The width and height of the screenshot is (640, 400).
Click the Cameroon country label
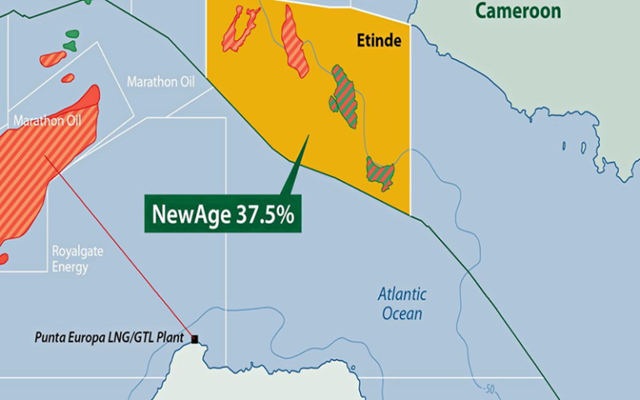click(517, 11)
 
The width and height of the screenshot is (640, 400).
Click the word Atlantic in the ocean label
click(402, 294)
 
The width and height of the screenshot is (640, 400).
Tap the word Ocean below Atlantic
click(402, 313)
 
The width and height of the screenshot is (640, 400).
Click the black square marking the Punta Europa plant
click(195, 339)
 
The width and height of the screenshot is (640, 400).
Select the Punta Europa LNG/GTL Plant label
click(111, 338)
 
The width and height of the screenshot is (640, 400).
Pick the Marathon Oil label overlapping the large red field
click(47, 121)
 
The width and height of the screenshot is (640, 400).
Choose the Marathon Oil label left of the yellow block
click(160, 82)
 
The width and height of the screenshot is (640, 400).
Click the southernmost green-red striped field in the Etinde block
click(381, 172)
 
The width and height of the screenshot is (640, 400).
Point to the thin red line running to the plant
click(125, 250)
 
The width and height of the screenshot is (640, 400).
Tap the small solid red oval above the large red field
click(67, 78)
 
